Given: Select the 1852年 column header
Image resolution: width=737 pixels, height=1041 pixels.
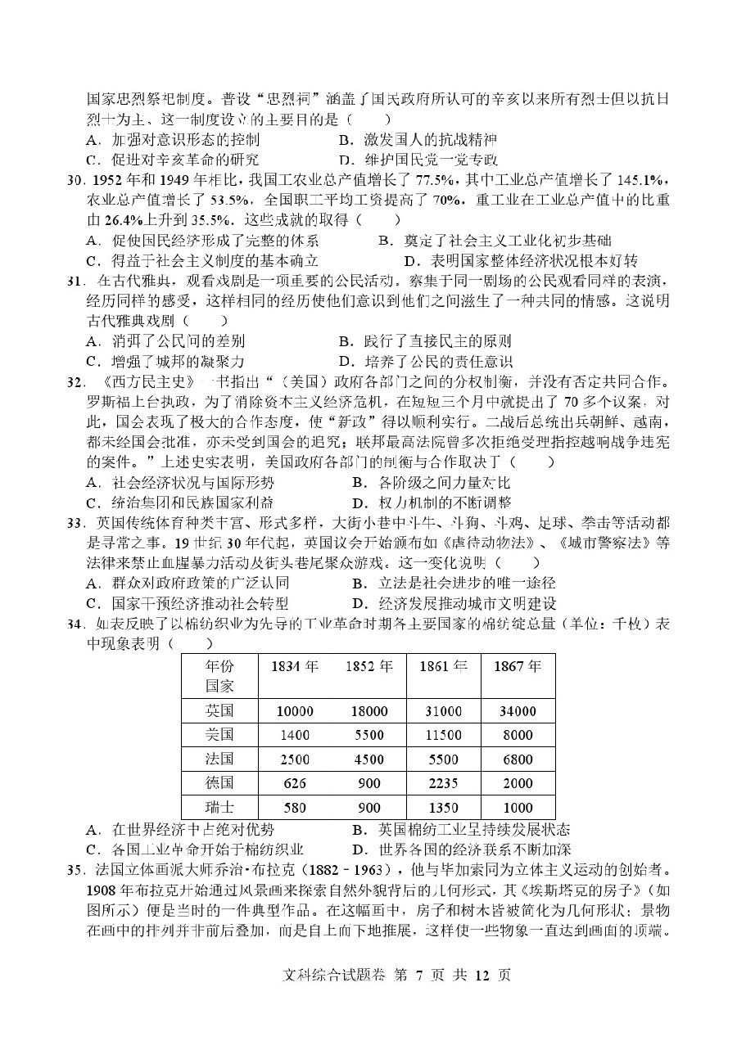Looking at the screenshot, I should [x=368, y=666].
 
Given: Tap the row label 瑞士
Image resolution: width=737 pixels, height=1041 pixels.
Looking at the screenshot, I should [x=219, y=808].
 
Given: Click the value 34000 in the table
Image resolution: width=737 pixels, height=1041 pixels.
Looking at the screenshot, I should [x=518, y=712].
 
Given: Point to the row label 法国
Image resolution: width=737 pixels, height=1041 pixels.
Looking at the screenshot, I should [x=219, y=759].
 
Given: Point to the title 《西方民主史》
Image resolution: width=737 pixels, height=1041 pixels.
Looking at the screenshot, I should [x=149, y=383].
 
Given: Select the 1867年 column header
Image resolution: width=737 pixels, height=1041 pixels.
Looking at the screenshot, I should [x=518, y=666].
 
